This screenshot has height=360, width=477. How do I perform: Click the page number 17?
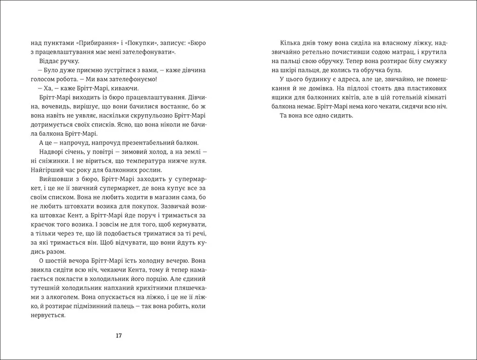(x=118, y=336)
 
